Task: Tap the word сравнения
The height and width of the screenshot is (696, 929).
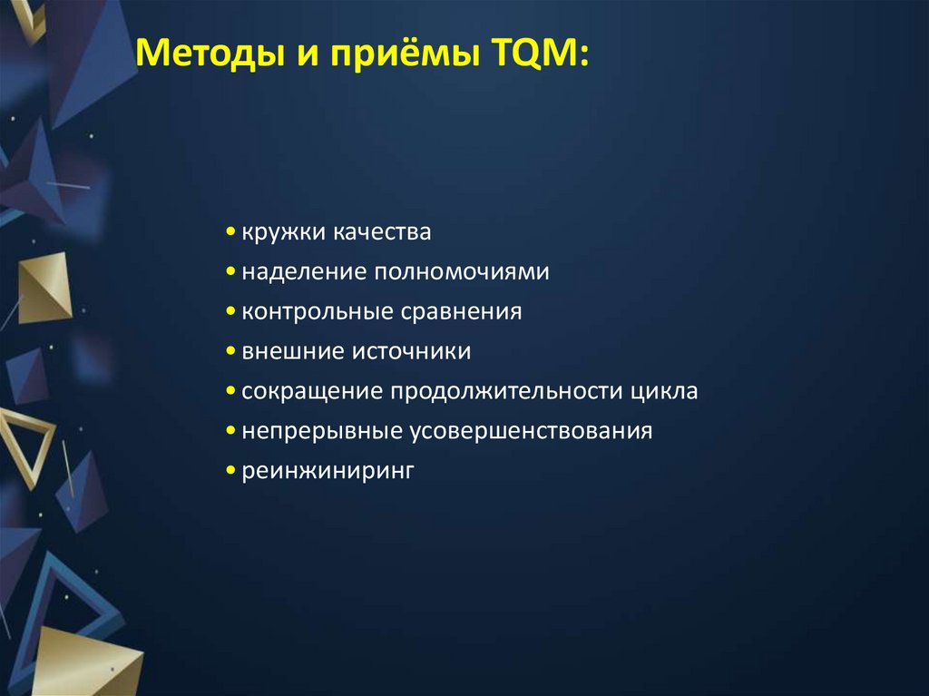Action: click(x=460, y=312)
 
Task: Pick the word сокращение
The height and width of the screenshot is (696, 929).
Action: click(x=311, y=391)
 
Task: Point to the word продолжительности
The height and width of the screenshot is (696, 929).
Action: click(x=505, y=391)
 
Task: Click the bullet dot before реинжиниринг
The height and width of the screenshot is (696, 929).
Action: click(x=232, y=471)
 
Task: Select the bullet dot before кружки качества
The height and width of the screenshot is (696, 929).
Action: click(x=232, y=233)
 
